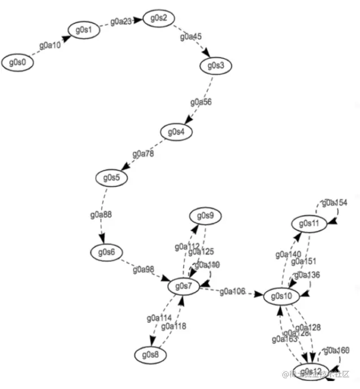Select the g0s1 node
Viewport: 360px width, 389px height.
click(x=84, y=29)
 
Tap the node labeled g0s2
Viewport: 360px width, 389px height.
click(x=158, y=19)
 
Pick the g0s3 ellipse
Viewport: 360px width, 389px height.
click(x=216, y=65)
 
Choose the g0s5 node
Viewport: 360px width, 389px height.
click(x=111, y=177)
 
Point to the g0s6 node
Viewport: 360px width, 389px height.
click(x=106, y=252)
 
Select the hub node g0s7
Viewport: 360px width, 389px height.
click(x=184, y=287)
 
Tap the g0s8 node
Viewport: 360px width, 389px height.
click(x=151, y=355)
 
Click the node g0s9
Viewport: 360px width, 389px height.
click(x=206, y=216)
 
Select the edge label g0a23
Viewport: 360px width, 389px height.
click(x=121, y=21)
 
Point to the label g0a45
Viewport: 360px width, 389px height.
click(x=191, y=37)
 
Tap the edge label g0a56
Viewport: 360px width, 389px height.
click(x=201, y=102)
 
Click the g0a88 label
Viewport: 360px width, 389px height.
click(x=101, y=215)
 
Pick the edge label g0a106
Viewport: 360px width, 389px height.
click(x=232, y=291)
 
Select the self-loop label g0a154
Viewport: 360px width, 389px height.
click(x=335, y=202)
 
